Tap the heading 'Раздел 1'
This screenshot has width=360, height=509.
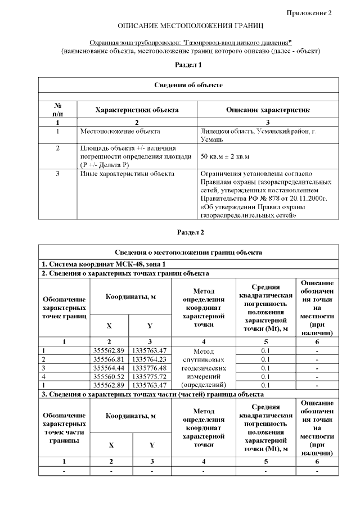(x=188, y=65)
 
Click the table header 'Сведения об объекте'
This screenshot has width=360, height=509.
(x=188, y=85)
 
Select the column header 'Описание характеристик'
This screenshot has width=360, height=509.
(x=267, y=110)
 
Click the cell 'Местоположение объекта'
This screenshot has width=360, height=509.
(x=120, y=132)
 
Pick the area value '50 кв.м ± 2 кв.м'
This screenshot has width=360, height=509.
(x=224, y=156)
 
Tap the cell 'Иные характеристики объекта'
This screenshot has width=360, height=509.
(x=127, y=174)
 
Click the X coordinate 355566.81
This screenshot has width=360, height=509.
(x=109, y=359)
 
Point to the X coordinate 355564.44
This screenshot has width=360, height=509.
(x=109, y=368)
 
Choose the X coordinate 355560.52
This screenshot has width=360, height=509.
(x=109, y=376)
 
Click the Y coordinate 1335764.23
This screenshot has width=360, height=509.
(x=150, y=359)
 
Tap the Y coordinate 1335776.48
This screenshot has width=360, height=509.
(x=150, y=368)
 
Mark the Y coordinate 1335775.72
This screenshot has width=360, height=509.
(x=150, y=376)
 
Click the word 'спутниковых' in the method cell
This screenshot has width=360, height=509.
(x=204, y=359)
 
